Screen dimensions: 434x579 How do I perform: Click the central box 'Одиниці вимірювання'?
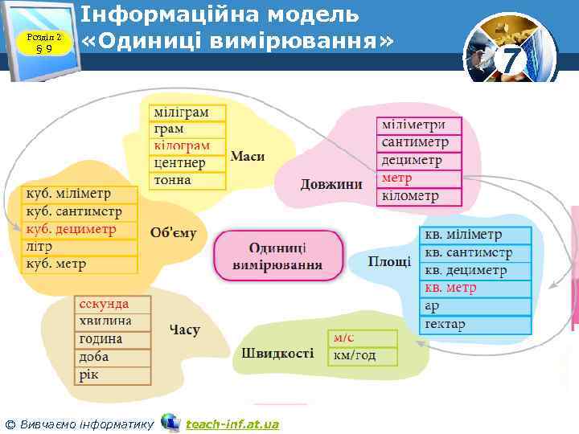[277, 256]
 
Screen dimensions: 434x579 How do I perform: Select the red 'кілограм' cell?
[187, 145]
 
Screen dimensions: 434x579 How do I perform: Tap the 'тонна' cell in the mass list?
[187, 180]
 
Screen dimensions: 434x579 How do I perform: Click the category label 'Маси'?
[248, 156]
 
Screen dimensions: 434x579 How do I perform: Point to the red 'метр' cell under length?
[420, 178]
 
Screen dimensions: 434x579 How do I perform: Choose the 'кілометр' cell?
[420, 195]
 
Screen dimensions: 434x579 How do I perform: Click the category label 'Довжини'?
[331, 184]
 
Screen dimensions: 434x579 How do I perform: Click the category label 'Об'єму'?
[173, 233]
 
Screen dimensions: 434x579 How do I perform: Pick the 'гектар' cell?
[475, 324]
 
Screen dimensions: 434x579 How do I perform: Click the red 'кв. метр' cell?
[475, 288]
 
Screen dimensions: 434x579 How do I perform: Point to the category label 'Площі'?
[390, 261]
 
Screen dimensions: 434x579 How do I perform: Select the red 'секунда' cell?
[113, 305]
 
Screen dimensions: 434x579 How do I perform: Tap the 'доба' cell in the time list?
[113, 357]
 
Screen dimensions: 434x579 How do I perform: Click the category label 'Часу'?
[185, 330]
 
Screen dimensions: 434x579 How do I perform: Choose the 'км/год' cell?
[362, 355]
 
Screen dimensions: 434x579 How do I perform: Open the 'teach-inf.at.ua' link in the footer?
[232, 424]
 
